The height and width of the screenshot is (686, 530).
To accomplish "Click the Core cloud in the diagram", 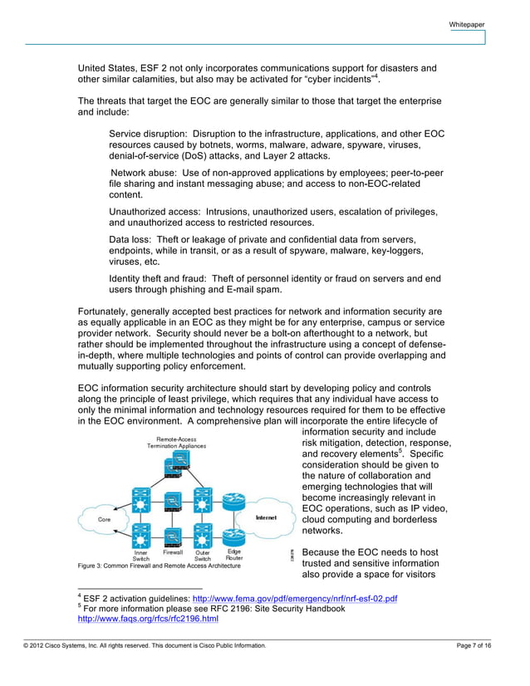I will (105, 519).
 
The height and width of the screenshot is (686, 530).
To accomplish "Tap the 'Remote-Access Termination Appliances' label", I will (177, 443).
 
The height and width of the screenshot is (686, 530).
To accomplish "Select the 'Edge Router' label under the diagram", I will (234, 555).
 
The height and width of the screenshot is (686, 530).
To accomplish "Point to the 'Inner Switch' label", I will (141, 555).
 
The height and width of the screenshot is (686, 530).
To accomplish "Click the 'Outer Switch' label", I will (203, 555).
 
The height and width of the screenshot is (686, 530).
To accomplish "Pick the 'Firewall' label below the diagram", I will (173, 551).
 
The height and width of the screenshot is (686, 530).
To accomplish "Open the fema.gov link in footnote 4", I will (295, 599).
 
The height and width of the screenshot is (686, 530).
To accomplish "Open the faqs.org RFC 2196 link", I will (148, 619).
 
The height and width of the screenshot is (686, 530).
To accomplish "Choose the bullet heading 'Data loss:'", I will (132, 239).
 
